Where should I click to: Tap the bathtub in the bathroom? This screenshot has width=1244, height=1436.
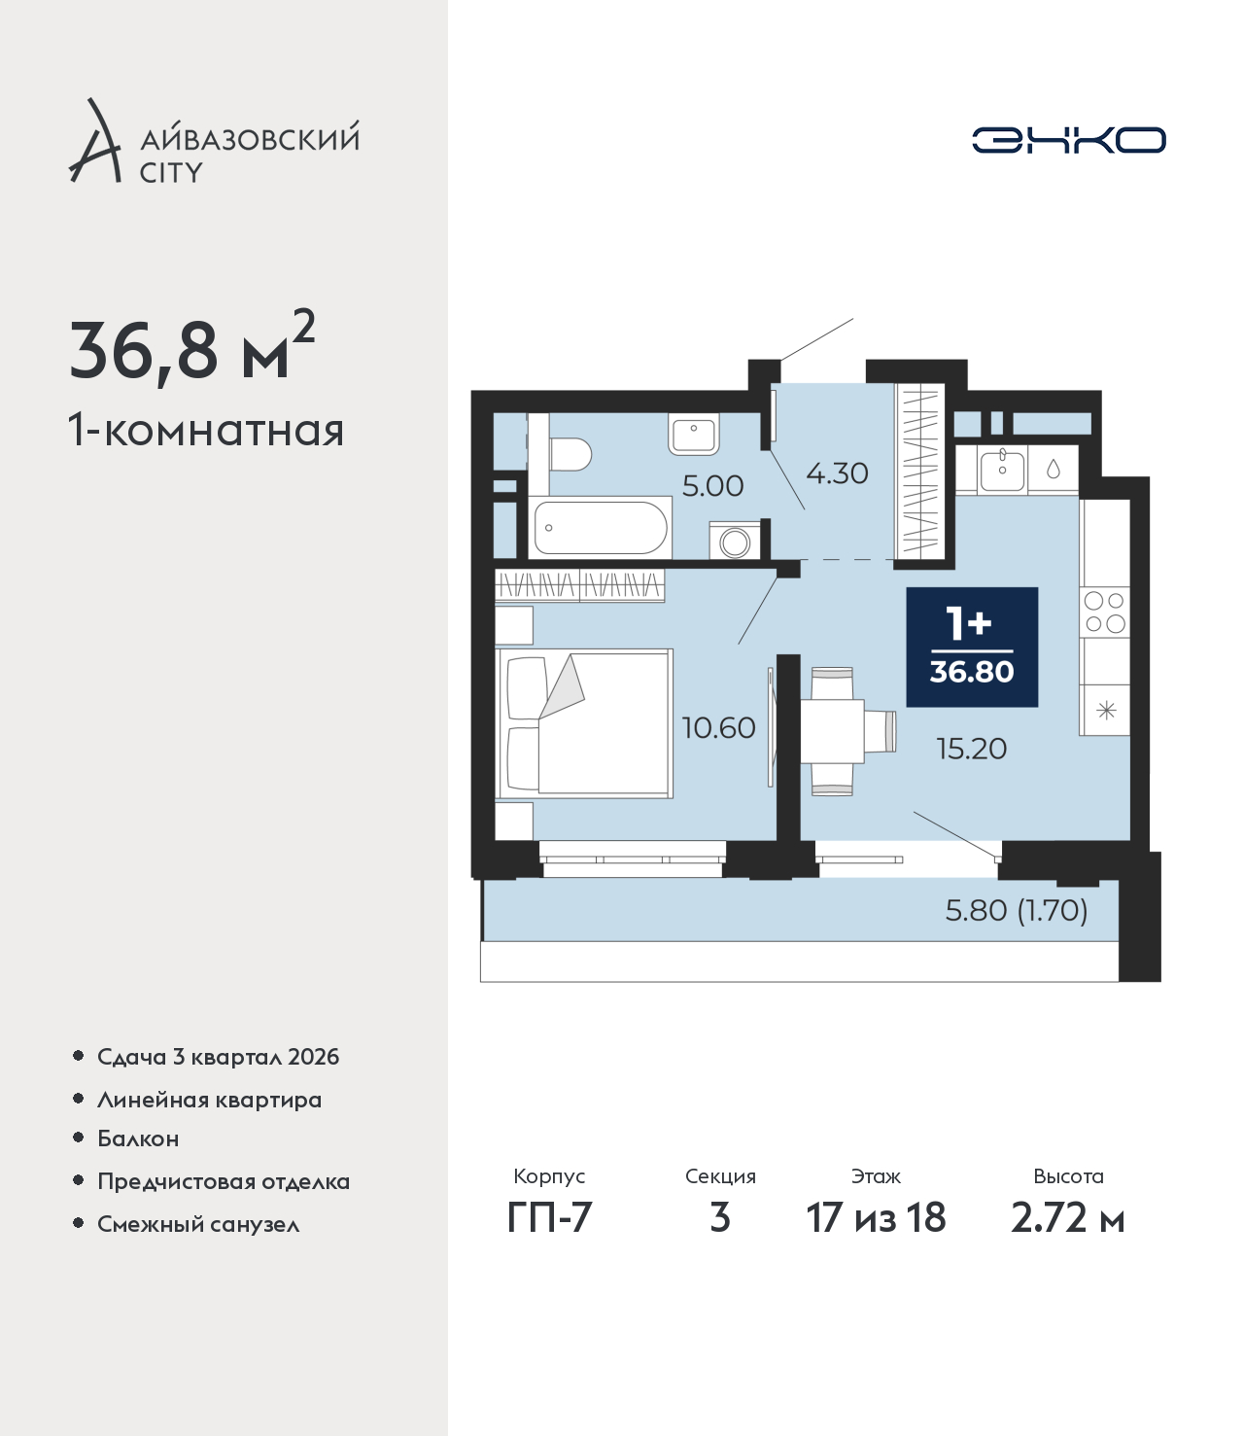[600, 528]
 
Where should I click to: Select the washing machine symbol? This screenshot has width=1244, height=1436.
[734, 542]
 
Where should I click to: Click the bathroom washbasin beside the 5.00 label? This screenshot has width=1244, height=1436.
[694, 435]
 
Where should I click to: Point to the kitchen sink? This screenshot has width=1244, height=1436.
[1002, 469]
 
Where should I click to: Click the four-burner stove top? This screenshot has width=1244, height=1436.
[1104, 613]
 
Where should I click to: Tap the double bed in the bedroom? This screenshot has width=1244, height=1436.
[583, 723]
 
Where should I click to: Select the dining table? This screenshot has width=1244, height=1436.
[833, 731]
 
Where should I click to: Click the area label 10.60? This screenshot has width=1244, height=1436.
[718, 727]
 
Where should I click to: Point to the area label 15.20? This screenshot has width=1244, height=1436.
[971, 749]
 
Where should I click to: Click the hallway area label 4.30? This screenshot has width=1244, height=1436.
[837, 473]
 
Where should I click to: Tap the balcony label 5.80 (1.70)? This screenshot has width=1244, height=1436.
[1017, 910]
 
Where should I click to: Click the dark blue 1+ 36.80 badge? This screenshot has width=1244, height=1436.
[972, 647]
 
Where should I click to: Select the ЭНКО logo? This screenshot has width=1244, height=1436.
[1068, 140]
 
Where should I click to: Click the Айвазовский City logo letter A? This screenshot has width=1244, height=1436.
[94, 142]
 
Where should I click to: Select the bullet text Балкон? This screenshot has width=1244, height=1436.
[138, 1138]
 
